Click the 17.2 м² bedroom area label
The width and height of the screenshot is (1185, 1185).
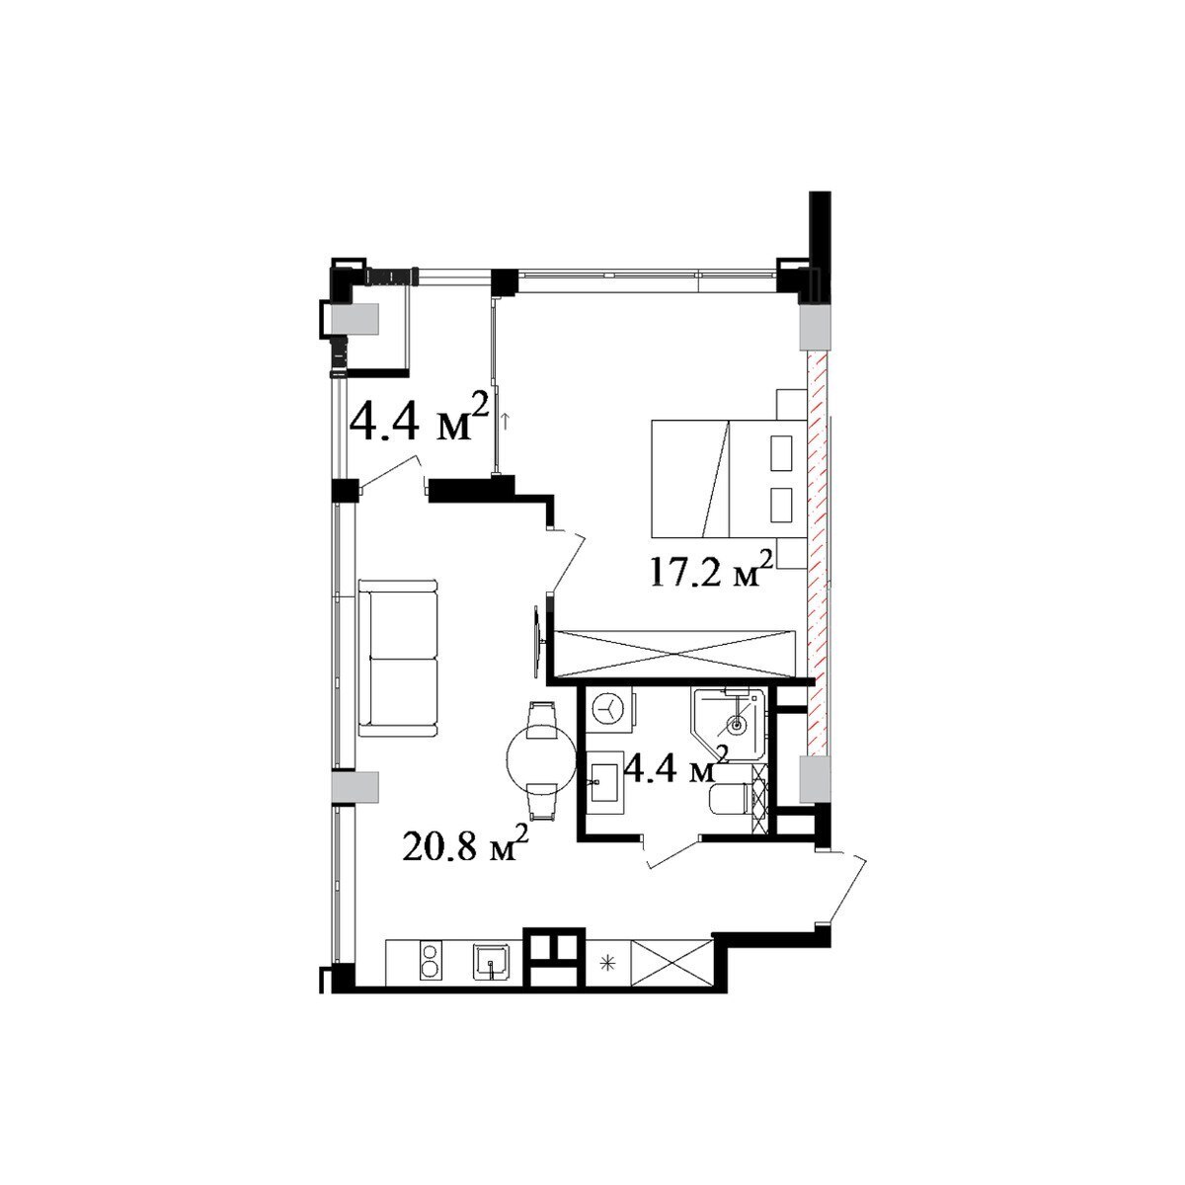709,574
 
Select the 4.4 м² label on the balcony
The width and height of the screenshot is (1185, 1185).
420,420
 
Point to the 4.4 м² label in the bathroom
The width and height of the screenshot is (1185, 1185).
675,766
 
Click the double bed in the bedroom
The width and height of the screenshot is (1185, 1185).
728,478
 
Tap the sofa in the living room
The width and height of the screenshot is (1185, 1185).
397,658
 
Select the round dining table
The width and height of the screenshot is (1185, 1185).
539,759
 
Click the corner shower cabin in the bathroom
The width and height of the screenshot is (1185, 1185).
729,725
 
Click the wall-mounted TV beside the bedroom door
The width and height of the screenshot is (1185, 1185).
538,642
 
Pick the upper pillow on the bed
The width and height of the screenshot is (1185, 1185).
781,453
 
